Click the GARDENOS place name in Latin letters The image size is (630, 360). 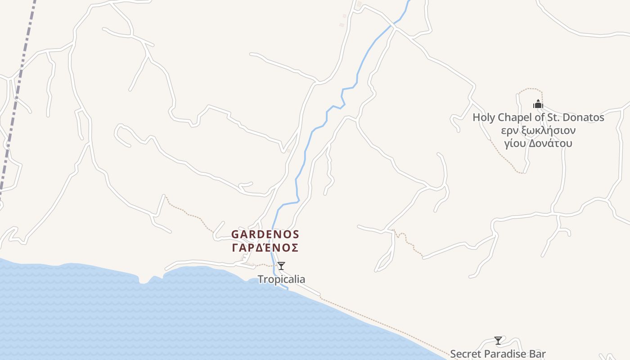[265, 234]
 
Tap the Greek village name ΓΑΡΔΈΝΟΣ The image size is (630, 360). [265, 248]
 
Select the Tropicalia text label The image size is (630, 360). [281, 279]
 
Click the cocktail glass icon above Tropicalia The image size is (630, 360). [281, 266]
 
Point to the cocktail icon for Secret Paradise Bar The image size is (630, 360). [498, 341]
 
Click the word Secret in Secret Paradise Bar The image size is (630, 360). [465, 354]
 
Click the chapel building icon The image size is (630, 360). [538, 104]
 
